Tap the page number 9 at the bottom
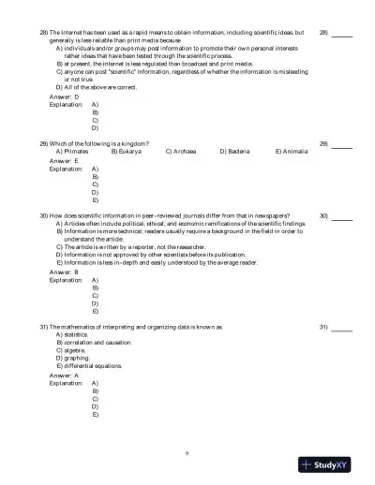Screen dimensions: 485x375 tap(187, 453)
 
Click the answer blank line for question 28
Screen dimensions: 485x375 tap(342, 35)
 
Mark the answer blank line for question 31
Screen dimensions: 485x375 tap(342, 330)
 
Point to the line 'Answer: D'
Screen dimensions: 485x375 tap(64, 96)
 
